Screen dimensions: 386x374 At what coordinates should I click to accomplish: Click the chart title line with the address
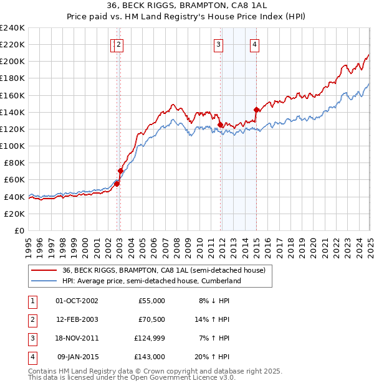coord(187,7)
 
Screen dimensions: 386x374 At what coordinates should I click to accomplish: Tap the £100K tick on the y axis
coord(12,146)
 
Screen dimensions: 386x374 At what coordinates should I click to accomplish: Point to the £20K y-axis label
coord(14,214)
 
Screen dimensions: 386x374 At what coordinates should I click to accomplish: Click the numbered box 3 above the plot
coord(219,44)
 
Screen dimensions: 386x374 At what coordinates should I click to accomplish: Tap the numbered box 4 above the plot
coord(256,44)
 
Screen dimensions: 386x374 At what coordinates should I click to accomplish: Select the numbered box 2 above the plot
coord(118,44)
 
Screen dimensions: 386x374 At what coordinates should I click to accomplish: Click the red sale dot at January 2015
coord(256,110)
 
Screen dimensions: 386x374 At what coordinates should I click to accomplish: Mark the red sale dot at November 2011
coord(220,125)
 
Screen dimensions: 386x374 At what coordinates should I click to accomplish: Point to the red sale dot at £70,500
coord(120,171)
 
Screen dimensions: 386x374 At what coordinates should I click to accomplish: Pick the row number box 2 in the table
coord(31,320)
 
